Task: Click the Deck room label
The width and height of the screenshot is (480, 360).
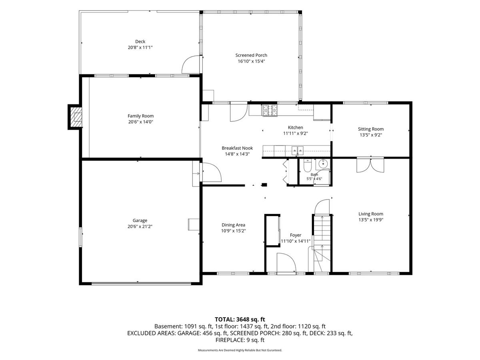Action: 140,42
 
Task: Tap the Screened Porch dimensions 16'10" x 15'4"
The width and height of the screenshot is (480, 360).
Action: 251,61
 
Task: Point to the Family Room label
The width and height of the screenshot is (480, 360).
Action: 141,116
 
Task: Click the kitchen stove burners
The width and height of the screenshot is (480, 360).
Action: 270,110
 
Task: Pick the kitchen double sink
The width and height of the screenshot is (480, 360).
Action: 298,151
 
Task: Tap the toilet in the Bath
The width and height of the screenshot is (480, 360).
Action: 307,166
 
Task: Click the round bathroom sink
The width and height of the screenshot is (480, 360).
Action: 322,164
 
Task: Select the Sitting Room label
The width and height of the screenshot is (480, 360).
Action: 371,129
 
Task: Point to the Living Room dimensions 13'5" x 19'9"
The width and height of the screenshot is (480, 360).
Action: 371,220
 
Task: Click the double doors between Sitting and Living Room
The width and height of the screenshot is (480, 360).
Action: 370,165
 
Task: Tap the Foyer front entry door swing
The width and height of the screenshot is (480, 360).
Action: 286,263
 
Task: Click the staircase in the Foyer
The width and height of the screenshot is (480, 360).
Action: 322,243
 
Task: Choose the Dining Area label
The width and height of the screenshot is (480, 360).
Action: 233,225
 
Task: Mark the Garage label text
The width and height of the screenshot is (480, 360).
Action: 140,220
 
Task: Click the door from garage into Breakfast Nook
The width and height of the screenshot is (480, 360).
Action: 212,172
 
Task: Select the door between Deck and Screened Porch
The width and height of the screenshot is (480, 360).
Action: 191,64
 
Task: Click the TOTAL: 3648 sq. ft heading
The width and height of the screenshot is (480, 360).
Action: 240,320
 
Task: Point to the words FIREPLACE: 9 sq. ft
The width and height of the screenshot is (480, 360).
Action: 240,340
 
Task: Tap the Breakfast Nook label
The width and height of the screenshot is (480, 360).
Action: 237,148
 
